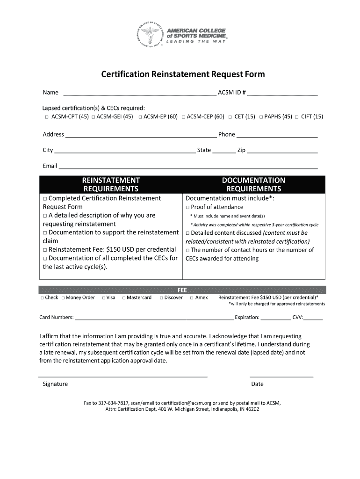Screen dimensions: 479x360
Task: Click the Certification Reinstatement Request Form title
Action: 183,74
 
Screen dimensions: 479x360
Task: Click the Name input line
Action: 140,93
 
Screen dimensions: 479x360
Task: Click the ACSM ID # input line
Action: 282,93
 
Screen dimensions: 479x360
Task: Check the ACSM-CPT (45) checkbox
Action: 47,117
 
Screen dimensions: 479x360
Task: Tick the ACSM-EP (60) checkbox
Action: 140,117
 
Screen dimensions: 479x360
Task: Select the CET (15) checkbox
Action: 230,117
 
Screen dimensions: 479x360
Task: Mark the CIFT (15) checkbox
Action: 297,117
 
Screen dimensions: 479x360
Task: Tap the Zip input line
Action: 282,151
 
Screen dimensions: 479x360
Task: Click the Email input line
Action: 188,167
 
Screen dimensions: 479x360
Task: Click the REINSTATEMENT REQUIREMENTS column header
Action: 111,185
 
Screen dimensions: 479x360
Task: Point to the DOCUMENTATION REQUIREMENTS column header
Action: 253,185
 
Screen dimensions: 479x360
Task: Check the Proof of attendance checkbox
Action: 187,207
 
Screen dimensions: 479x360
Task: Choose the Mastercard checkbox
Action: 124,298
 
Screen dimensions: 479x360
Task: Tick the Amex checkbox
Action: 192,298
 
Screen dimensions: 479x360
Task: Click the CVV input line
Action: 313,318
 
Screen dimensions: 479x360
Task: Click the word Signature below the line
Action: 55,384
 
